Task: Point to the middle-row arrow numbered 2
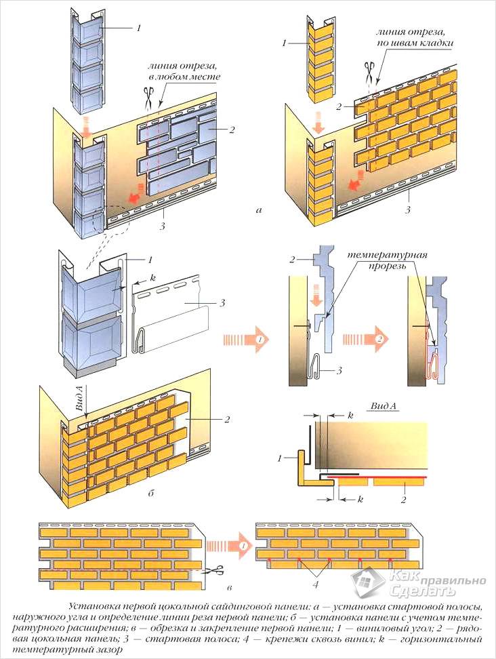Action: (360, 338)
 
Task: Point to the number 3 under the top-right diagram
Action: (407, 210)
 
